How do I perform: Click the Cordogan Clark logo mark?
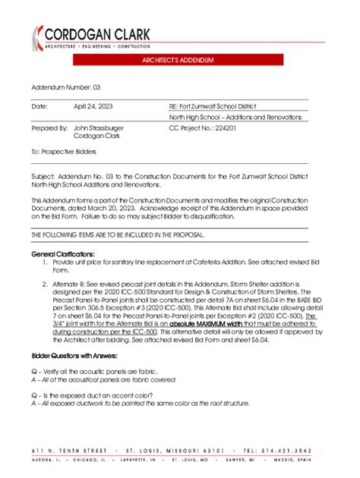(37, 37)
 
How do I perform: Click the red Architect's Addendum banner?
(180, 59)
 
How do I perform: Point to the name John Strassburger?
(99, 128)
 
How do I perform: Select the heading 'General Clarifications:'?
(63, 253)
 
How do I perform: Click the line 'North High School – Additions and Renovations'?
(235, 118)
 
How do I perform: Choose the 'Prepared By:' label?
(49, 128)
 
